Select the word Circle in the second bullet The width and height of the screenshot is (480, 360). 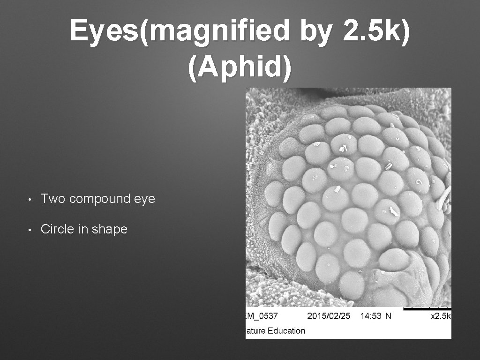pos(56,229)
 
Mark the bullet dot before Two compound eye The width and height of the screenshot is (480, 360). pos(30,200)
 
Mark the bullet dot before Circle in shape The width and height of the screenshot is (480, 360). pos(30,230)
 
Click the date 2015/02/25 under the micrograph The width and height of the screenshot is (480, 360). pos(329,316)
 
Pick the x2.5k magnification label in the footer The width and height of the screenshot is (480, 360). pos(440,316)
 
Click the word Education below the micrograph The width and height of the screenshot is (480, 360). pos(284,330)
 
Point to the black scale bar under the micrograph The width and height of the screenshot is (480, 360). pos(427,309)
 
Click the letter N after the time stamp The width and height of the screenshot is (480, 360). pos(388,316)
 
